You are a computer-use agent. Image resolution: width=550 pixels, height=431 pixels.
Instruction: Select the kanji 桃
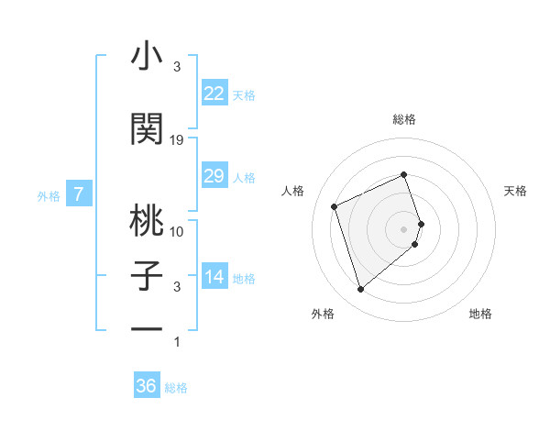click(x=147, y=220)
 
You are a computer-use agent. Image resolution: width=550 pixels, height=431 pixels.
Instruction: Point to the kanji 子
click(x=147, y=276)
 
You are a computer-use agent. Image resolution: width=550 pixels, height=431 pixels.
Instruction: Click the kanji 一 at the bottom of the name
click(x=147, y=327)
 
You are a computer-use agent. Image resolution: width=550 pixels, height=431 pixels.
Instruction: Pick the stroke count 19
click(x=177, y=140)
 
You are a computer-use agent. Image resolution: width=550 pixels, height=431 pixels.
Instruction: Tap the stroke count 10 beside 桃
click(x=177, y=231)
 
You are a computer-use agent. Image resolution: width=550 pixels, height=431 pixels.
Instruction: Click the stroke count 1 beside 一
click(x=177, y=343)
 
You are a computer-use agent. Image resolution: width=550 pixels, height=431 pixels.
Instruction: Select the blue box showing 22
click(x=214, y=94)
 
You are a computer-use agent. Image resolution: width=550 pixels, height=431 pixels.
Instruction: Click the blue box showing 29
click(x=214, y=176)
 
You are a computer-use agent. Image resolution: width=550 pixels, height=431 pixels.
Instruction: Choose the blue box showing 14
click(x=214, y=278)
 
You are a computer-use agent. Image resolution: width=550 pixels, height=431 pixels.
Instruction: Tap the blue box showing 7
click(x=79, y=193)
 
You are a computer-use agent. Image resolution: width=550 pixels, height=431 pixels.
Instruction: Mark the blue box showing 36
click(x=146, y=386)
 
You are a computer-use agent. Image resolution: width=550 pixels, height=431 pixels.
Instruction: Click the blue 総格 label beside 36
click(x=176, y=388)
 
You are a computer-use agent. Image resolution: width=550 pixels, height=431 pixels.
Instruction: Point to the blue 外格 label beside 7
click(x=49, y=195)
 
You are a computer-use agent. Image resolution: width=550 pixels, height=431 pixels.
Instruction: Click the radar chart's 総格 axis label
click(x=403, y=119)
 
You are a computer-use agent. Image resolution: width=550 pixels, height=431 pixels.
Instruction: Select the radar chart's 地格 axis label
click(x=480, y=315)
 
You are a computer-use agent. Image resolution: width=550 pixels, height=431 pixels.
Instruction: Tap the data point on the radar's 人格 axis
click(x=335, y=206)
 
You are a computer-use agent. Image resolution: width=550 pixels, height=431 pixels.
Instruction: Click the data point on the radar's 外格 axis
click(x=360, y=290)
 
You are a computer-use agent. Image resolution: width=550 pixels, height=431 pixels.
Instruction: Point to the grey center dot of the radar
click(x=403, y=228)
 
